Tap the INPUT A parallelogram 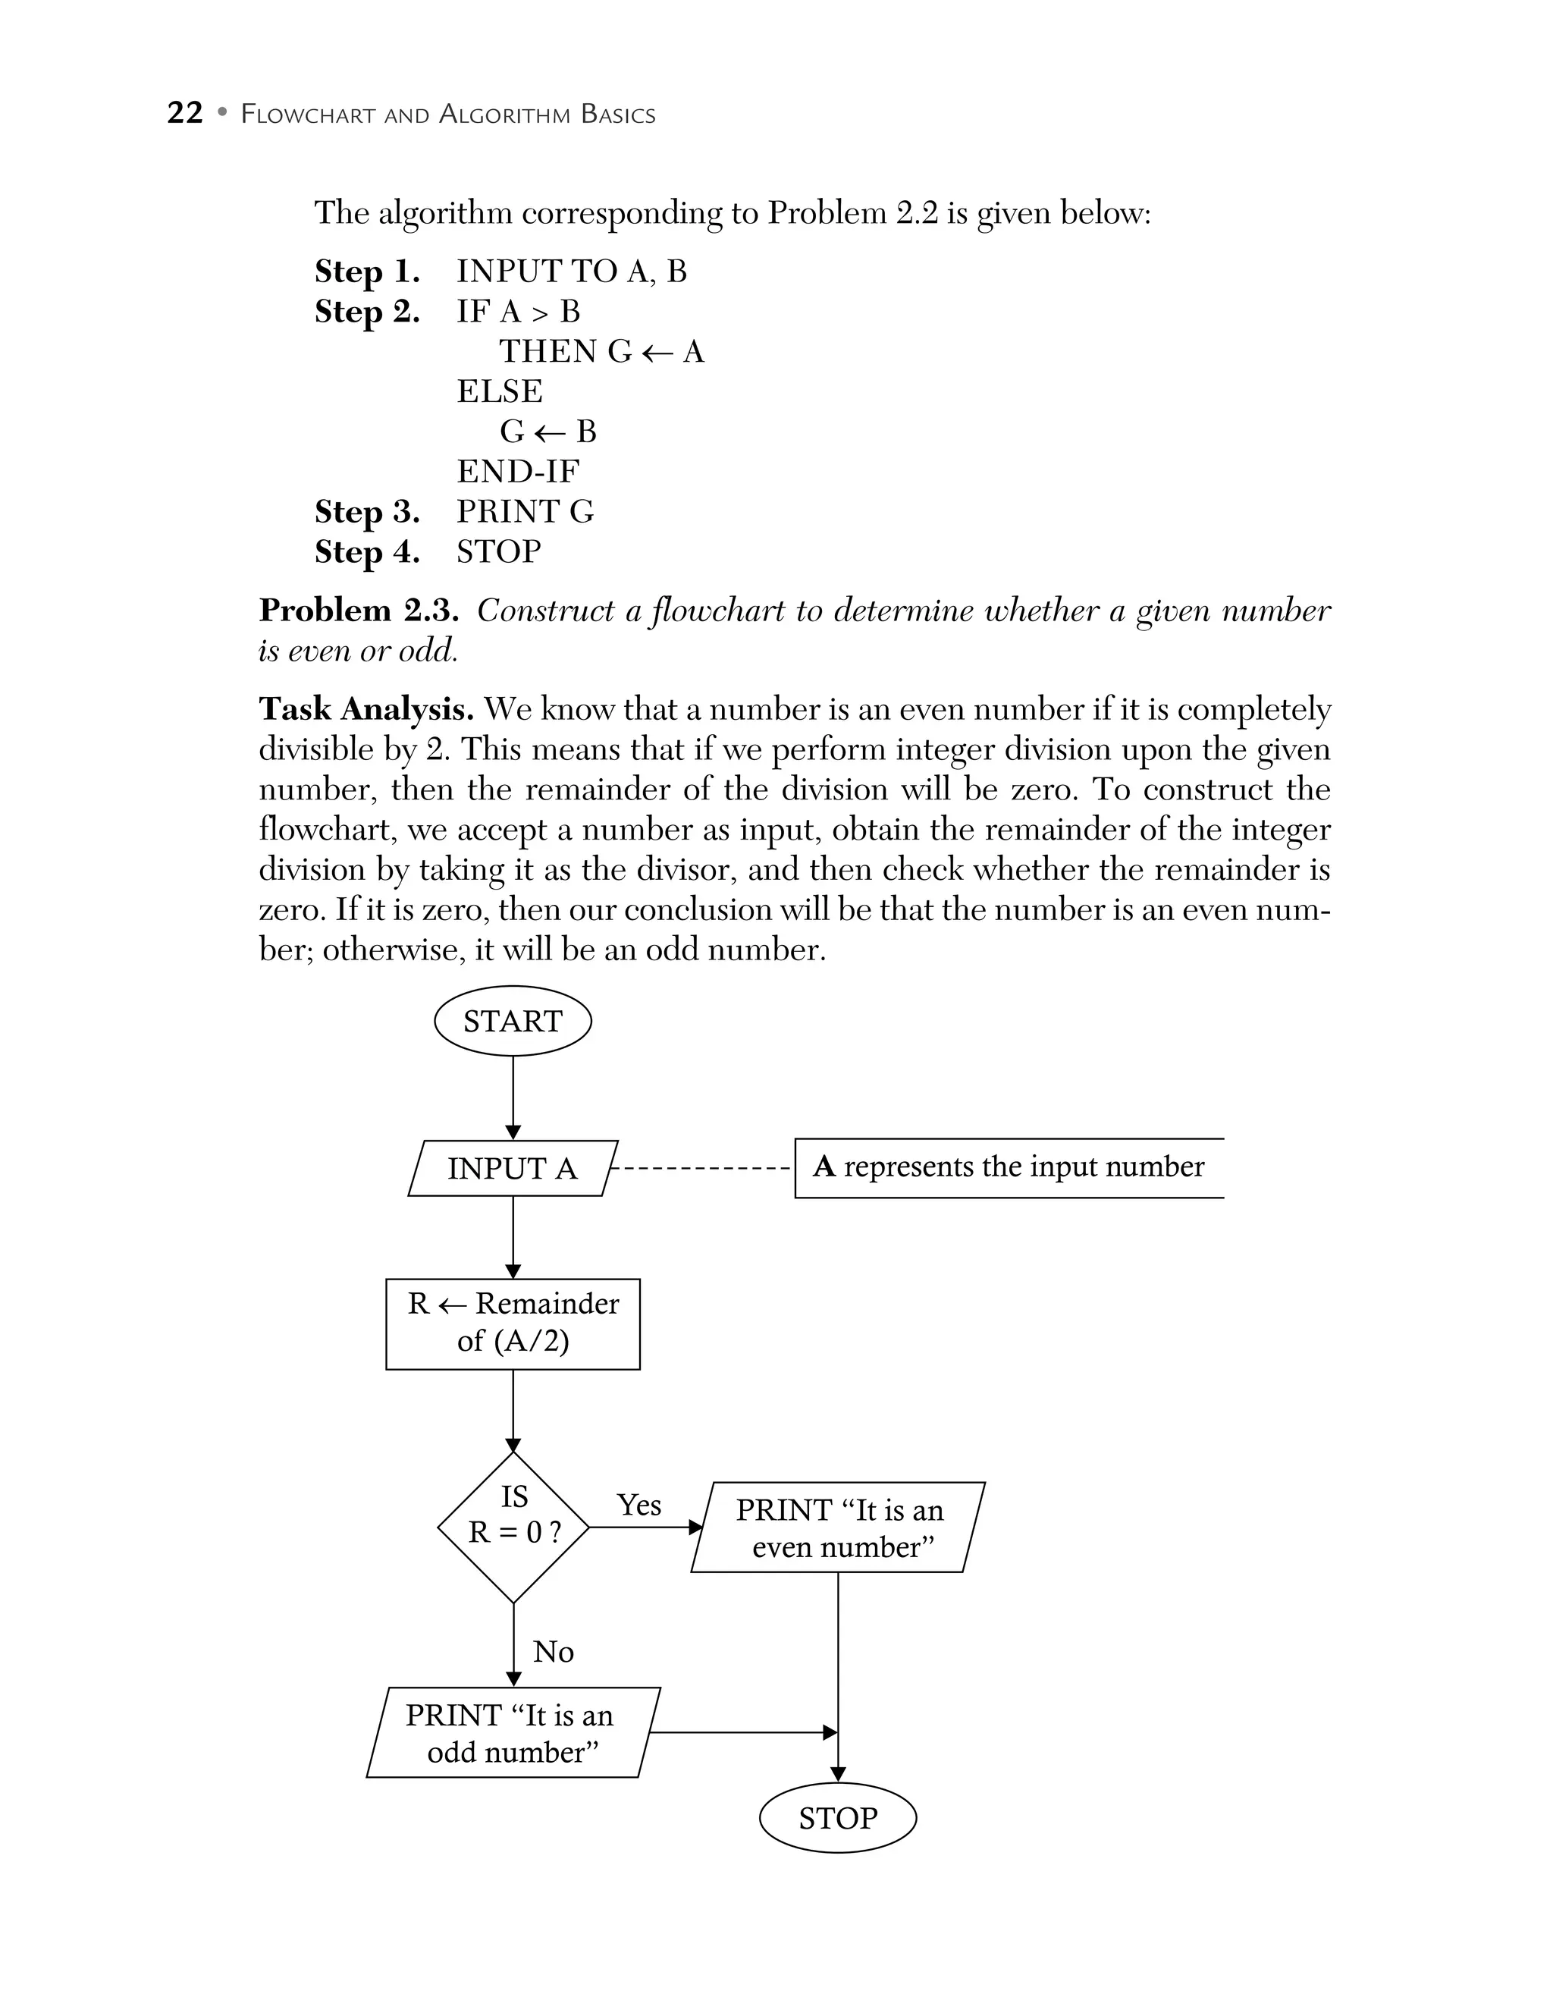click(x=512, y=1168)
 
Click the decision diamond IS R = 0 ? click(x=513, y=1527)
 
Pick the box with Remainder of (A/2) click(x=512, y=1322)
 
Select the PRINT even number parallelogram click(x=837, y=1527)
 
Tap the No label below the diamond click(x=553, y=1651)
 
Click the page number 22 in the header click(x=184, y=112)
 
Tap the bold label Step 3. click(x=366, y=511)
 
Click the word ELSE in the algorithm click(x=499, y=391)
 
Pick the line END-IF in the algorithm click(x=517, y=471)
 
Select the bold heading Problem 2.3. click(x=359, y=610)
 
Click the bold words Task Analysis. click(x=366, y=708)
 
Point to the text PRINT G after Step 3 click(x=525, y=511)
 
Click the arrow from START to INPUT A click(x=513, y=1097)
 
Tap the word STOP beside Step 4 click(x=498, y=551)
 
